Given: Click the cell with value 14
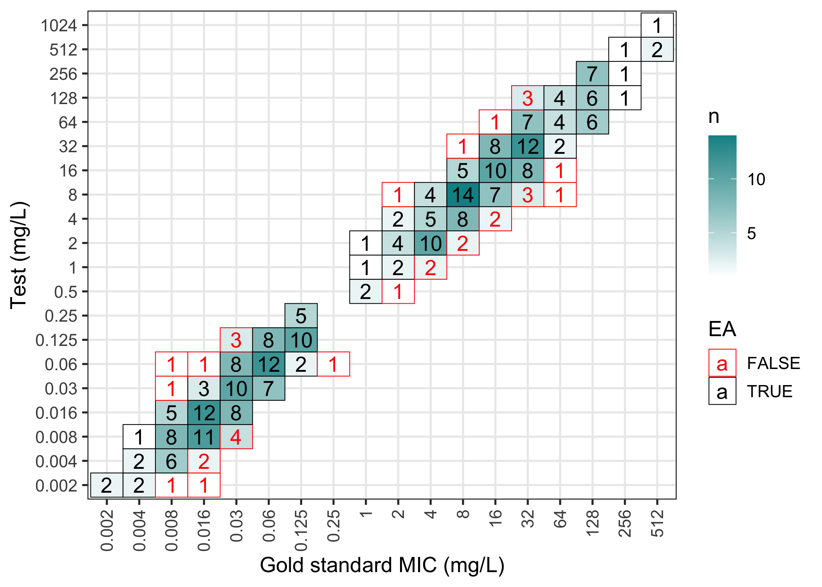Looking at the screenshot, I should click(x=463, y=194).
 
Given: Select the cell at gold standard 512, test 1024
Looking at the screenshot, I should click(x=657, y=25).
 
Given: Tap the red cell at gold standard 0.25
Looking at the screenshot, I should click(x=333, y=364).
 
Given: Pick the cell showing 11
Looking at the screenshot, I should click(x=204, y=437).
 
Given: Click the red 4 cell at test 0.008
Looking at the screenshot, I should click(x=236, y=437).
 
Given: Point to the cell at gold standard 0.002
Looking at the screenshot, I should click(x=106, y=485).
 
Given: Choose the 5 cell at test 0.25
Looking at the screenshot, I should click(x=301, y=315).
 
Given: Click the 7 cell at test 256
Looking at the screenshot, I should click(x=592, y=74).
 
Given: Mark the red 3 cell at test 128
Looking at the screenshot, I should click(x=527, y=98).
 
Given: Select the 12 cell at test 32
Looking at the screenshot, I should click(x=527, y=146).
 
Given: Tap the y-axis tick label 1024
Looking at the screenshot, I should click(x=59, y=26).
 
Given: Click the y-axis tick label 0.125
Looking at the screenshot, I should click(x=56, y=340).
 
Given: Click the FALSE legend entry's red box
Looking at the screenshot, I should click(x=722, y=363).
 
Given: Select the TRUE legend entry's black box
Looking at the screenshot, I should click(x=722, y=391).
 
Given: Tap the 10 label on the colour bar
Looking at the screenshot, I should click(x=756, y=179).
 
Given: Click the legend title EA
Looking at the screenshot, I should click(x=722, y=329).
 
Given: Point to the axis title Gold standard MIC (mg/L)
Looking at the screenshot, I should click(x=382, y=565).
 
